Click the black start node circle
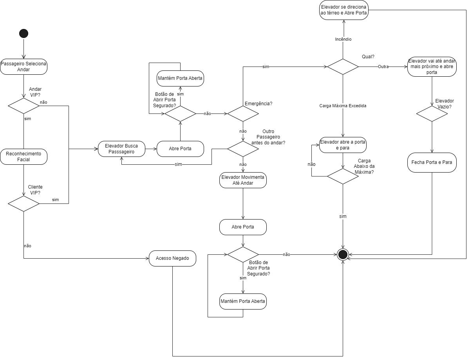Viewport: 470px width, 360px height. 24,34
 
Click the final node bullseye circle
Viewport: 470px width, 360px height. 343,255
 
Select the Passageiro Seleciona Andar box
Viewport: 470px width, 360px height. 24,67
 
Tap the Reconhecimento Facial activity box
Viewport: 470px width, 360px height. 24,157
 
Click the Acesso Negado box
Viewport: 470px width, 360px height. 172,258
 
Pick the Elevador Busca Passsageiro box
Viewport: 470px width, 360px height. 121,149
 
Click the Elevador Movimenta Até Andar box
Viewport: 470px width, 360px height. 243,180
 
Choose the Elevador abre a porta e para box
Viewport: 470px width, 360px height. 343,145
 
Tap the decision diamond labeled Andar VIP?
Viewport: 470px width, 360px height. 24,106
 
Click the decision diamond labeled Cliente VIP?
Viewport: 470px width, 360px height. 24,203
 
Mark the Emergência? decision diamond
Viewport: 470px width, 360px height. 243,113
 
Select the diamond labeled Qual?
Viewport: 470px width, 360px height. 343,67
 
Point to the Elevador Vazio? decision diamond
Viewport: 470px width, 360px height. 432,113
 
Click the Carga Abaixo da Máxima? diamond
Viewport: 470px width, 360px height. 343,176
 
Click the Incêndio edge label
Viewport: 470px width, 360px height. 343,39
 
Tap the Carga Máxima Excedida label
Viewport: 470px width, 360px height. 343,106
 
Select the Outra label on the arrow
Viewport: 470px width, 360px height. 383,67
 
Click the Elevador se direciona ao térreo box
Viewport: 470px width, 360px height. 343,10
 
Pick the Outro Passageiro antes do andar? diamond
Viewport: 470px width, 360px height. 243,149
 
